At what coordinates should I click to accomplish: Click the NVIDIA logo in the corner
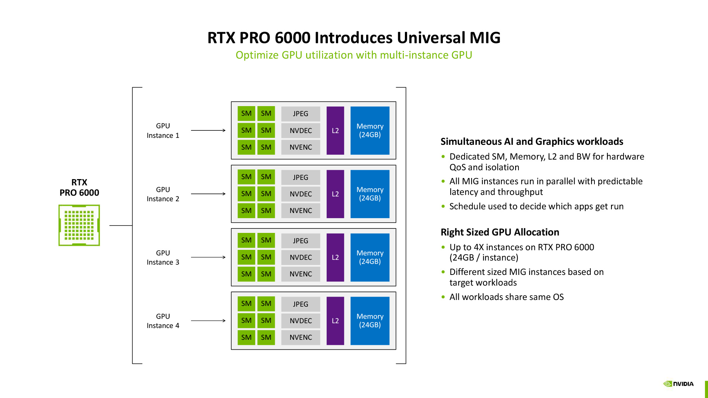678,384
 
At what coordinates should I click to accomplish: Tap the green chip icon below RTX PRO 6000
79,225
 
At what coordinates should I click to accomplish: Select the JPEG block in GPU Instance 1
301,114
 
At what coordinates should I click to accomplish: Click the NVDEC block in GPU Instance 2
301,194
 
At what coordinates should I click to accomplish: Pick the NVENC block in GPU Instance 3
301,274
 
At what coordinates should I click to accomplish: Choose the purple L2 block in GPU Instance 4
335,321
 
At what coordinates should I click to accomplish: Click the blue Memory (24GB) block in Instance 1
370,130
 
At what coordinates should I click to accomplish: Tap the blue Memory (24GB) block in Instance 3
370,257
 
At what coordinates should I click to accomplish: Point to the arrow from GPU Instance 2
208,194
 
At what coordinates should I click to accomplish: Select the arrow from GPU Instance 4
208,321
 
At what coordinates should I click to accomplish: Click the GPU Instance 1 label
163,130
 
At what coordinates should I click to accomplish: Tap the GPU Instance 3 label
163,257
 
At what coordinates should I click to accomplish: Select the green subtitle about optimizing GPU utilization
354,55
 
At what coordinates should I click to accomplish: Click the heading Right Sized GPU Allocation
500,232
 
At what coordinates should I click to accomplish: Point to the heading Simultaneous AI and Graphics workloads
532,142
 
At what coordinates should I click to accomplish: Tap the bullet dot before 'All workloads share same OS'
443,297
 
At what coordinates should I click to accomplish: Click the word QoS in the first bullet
458,167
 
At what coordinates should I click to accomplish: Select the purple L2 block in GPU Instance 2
335,194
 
